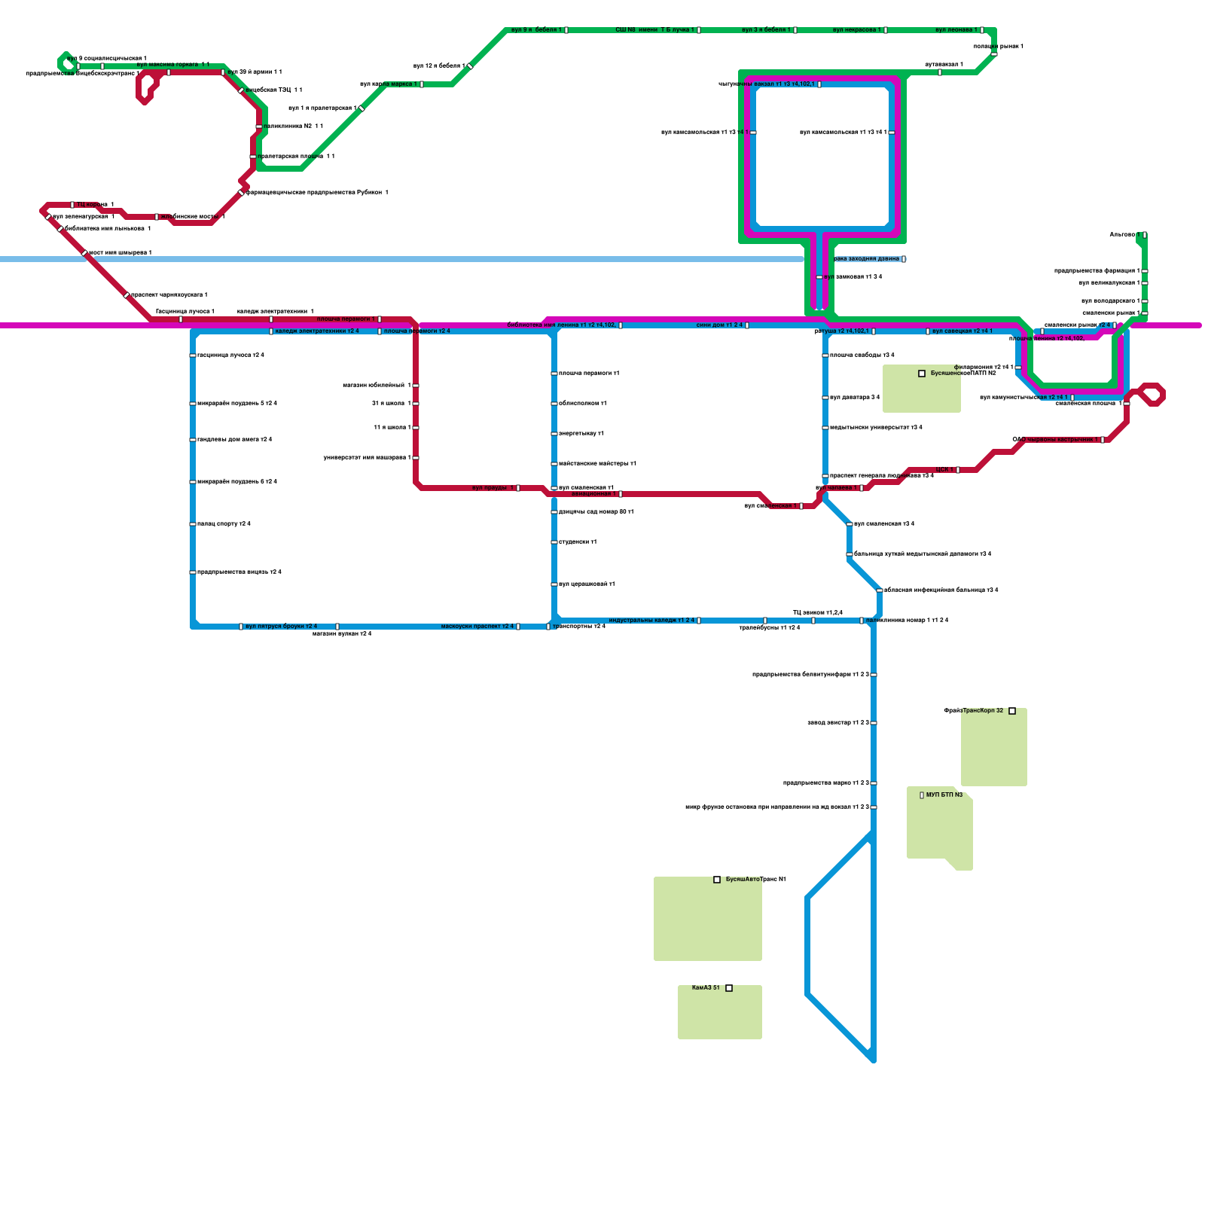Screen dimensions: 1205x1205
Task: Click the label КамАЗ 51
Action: (706, 988)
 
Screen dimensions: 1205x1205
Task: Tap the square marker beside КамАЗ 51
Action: (729, 988)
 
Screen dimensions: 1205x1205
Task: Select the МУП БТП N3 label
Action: (944, 795)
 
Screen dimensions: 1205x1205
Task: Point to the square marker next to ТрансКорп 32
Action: (1012, 711)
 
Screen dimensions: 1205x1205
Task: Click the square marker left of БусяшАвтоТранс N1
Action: (717, 880)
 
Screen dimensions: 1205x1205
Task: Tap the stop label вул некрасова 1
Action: (856, 30)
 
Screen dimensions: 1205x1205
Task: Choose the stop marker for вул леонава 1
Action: (982, 30)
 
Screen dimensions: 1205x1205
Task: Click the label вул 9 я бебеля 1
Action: (535, 30)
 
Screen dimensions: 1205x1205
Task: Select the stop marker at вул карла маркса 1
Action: (422, 84)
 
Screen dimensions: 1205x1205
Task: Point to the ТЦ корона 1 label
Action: (96, 205)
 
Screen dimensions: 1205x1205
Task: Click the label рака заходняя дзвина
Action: (867, 259)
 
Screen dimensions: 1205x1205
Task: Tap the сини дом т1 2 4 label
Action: (719, 325)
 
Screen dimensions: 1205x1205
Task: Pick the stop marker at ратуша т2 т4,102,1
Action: (874, 331)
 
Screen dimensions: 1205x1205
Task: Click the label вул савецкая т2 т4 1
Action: (962, 331)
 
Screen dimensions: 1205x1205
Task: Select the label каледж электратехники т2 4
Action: (317, 331)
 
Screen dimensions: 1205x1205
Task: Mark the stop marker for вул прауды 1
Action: (518, 488)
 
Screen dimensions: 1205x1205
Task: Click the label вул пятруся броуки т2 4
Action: (281, 627)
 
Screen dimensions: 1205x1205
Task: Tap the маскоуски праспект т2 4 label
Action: (477, 627)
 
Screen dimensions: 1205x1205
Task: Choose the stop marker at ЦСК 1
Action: (958, 470)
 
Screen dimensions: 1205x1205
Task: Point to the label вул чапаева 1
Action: (836, 488)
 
